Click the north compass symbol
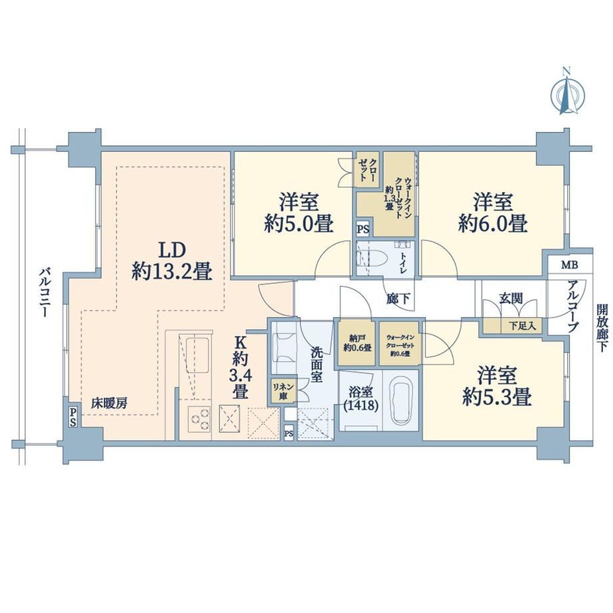[x=567, y=95]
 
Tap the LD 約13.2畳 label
[x=172, y=261]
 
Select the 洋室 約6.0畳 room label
[x=493, y=213]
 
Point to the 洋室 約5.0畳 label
[x=299, y=213]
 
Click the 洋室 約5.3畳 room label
[x=497, y=386]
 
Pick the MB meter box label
[x=570, y=265]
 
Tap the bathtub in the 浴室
[x=400, y=402]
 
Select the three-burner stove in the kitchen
[x=199, y=419]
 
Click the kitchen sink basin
[x=197, y=355]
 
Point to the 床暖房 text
[x=109, y=403]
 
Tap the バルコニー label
[x=44, y=293]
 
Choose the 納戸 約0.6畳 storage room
[x=357, y=343]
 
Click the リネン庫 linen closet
[x=281, y=391]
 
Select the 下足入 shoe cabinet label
[x=522, y=326]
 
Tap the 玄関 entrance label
[x=510, y=299]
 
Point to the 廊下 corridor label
[x=398, y=299]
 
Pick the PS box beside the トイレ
[x=362, y=229]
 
